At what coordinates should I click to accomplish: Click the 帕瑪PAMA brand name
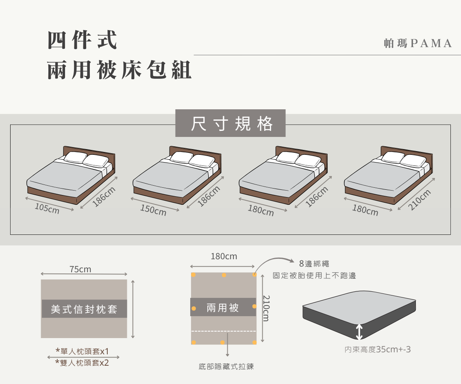coord(418,43)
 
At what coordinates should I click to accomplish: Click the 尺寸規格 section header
coord(230,124)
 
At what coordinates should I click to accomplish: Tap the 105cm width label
coord(47,208)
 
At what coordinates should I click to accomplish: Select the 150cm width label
coord(153,210)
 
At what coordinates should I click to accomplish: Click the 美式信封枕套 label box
coord(84,309)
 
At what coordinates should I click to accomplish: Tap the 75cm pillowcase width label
coord(80,269)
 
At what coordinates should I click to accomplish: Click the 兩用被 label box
coord(223,308)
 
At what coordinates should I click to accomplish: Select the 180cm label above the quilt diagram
coord(224,257)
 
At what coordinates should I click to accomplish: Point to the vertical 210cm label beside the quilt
coord(266,308)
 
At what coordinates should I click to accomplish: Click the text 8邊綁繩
coord(314,264)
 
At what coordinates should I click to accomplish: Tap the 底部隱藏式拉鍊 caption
coord(226,367)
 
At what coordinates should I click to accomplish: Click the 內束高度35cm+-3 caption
coord(377,349)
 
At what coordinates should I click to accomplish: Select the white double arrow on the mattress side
coord(359,332)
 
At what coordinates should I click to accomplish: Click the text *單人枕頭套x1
coord(82,351)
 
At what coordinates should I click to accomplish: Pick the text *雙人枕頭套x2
coord(82,363)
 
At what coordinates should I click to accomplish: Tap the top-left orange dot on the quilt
coord(194,275)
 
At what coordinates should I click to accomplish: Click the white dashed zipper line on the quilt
coord(224,331)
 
